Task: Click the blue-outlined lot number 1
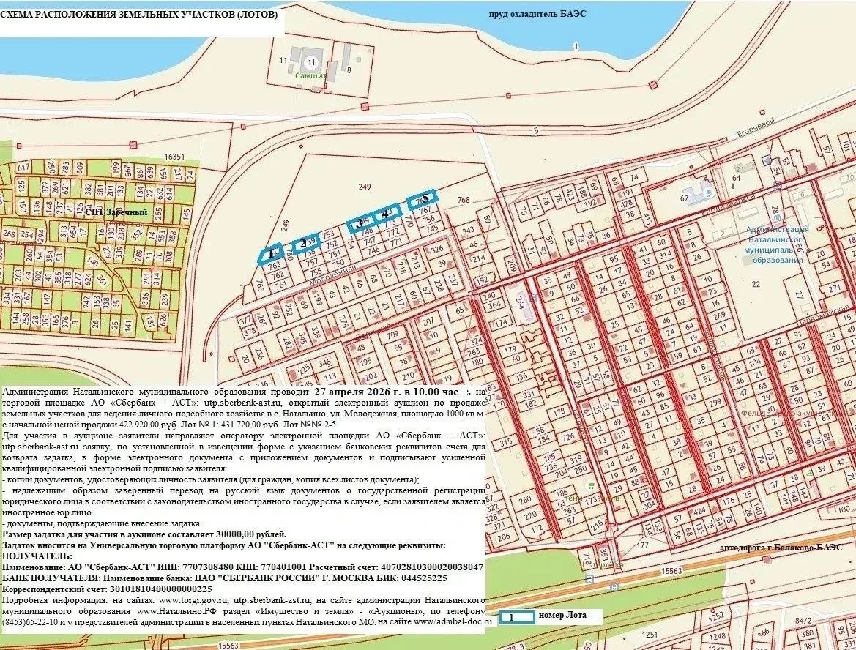(270, 253)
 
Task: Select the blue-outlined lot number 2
(302, 244)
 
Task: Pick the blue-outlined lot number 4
(385, 214)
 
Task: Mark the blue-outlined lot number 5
(424, 197)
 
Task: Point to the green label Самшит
(310, 75)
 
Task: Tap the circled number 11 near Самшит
(312, 62)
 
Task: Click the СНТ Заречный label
(116, 212)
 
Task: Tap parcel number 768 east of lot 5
(462, 200)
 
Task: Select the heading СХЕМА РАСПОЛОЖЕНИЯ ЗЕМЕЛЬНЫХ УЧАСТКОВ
(139, 14)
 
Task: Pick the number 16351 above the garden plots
(174, 157)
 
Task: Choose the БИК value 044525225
(417, 578)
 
